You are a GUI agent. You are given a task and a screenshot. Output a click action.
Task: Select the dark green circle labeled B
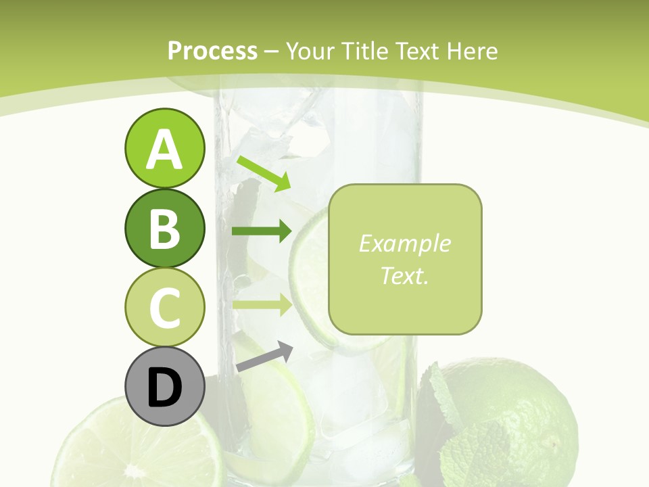[x=164, y=227]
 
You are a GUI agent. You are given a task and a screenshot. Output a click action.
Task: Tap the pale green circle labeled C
[x=164, y=307]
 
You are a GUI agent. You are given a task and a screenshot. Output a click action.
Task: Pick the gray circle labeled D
[x=164, y=387]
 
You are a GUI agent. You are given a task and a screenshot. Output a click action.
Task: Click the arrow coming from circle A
[x=264, y=173]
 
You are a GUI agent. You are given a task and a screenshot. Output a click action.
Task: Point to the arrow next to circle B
[x=261, y=231]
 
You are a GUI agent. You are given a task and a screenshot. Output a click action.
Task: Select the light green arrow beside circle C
[x=261, y=304]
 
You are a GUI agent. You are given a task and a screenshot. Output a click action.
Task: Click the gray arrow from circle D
[x=264, y=356]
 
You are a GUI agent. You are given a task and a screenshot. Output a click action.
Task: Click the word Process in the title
[x=212, y=51]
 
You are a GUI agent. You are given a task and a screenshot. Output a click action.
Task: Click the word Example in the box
[x=404, y=243]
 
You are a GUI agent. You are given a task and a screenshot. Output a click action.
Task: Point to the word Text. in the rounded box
[x=404, y=275]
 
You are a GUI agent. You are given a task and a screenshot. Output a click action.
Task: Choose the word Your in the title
[x=312, y=51]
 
